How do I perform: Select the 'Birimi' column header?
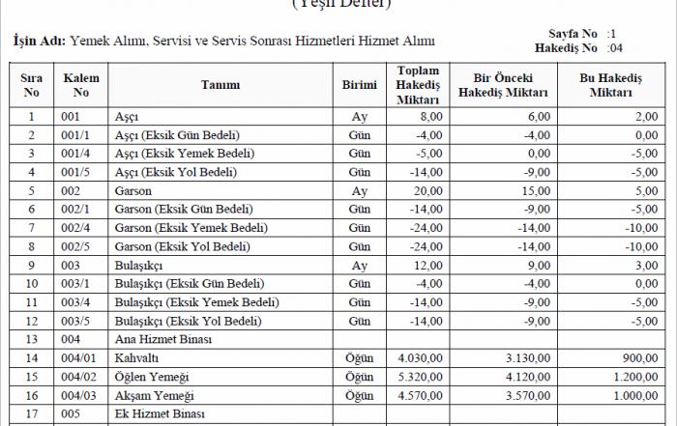(359, 85)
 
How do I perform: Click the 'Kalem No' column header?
(80, 85)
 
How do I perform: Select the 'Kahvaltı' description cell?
(135, 357)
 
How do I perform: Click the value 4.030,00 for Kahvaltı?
(419, 357)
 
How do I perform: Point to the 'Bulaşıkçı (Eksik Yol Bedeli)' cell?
(189, 321)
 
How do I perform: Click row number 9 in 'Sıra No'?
(32, 265)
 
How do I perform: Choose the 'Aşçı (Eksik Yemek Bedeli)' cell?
(185, 153)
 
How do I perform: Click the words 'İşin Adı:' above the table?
(39, 42)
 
